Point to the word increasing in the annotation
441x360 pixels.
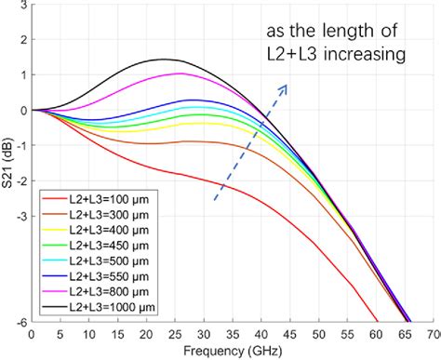[360, 55]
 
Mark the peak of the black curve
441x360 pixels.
[165, 60]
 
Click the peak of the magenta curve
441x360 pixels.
[180, 73]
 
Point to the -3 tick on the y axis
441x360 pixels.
[20, 216]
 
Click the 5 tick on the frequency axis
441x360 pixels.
[61, 333]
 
